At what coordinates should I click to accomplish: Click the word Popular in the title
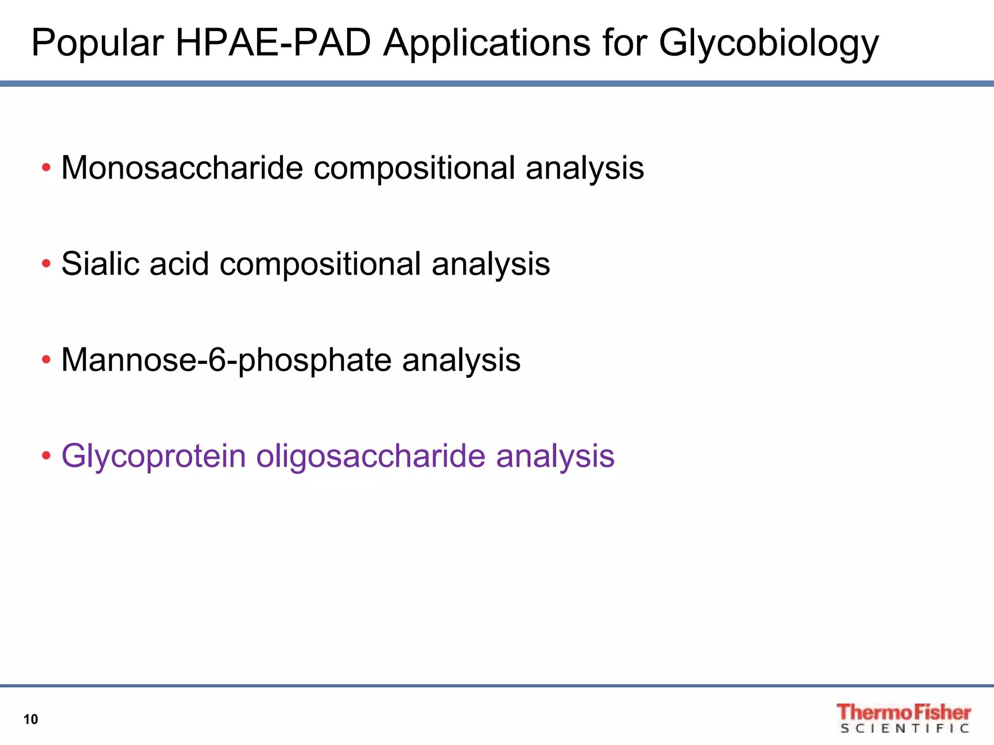(97, 44)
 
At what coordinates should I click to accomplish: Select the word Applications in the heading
(487, 44)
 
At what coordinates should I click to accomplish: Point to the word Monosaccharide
(182, 168)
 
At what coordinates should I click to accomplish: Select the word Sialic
(100, 264)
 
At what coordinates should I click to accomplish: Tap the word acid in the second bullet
(179, 264)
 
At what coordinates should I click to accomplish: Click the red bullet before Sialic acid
(46, 264)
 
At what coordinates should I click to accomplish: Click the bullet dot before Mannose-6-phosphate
(46, 360)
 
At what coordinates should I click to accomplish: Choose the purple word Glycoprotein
(153, 456)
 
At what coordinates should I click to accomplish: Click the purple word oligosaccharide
(371, 456)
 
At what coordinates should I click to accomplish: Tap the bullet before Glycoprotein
(46, 456)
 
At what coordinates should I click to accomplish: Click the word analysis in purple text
(555, 456)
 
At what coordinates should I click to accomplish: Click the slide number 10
(31, 719)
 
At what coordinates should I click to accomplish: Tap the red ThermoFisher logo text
(903, 712)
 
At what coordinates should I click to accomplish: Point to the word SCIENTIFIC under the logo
(904, 729)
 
